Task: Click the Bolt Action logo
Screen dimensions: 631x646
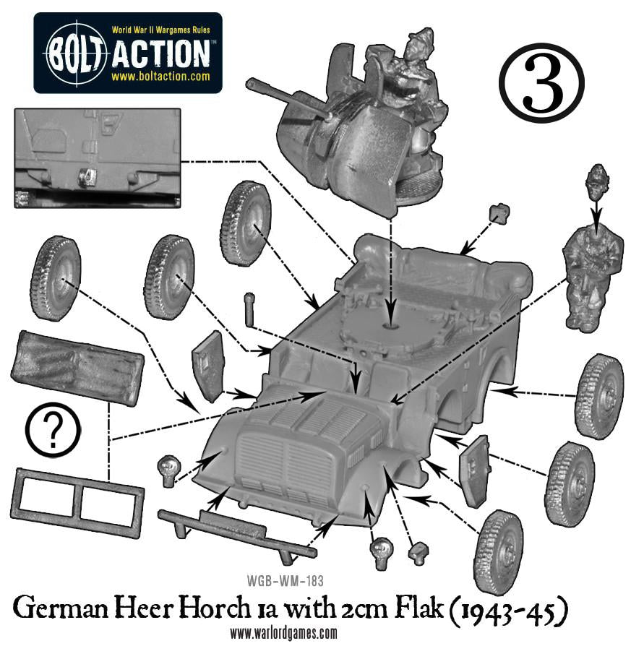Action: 128,53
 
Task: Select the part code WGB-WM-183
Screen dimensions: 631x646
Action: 286,581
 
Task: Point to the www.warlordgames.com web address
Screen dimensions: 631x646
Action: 283,632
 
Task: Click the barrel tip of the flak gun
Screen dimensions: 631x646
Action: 249,85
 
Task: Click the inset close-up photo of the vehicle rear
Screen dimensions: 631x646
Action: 98,158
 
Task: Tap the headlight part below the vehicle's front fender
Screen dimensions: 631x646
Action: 382,553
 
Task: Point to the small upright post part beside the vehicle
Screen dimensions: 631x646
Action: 250,309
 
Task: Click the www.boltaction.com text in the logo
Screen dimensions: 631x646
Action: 160,76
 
